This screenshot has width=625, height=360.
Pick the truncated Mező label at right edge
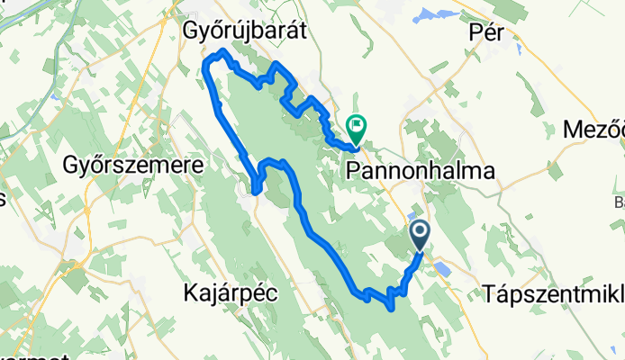coord(593,130)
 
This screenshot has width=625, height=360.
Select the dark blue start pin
coord(421,236)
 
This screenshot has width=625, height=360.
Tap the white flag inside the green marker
coord(358,126)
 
